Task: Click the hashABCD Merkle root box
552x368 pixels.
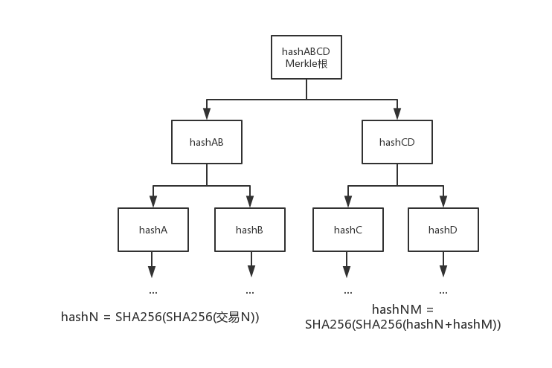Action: click(x=307, y=57)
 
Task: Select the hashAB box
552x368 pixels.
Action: click(x=207, y=142)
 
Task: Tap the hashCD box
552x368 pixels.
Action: click(x=397, y=142)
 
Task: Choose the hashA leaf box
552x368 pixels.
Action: click(x=153, y=230)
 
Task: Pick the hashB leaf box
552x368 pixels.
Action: click(x=249, y=230)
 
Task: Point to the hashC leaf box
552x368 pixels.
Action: click(x=347, y=230)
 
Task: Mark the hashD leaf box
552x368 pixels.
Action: click(x=443, y=230)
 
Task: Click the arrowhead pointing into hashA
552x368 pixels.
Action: click(x=153, y=202)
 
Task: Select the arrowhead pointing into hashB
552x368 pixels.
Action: click(x=249, y=202)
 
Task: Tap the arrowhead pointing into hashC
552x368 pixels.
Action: click(x=347, y=202)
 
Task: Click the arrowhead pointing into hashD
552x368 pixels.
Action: click(x=443, y=202)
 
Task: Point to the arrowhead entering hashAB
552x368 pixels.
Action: click(x=207, y=114)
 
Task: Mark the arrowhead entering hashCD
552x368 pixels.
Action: click(x=397, y=114)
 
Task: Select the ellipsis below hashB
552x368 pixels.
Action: click(x=249, y=292)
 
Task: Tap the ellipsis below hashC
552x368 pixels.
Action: click(x=347, y=292)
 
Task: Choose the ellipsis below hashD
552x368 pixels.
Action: click(x=443, y=292)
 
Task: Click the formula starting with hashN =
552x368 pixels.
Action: click(x=160, y=317)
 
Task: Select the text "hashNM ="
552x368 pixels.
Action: click(x=402, y=309)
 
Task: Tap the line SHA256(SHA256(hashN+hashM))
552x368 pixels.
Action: click(x=402, y=325)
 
